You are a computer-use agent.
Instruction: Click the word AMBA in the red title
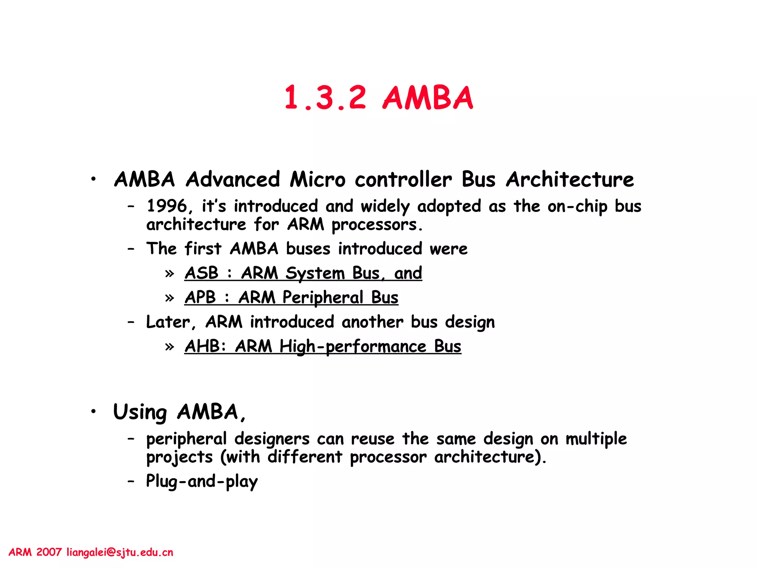point(428,98)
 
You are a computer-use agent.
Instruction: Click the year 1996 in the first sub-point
point(167,206)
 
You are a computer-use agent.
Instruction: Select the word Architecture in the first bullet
point(570,180)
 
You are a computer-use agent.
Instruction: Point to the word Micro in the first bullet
point(318,180)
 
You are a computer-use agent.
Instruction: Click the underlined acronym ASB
point(201,273)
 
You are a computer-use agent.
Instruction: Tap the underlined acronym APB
point(200,297)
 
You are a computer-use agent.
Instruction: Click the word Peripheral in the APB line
point(323,298)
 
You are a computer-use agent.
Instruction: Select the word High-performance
point(353,347)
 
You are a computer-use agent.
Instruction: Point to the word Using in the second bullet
point(140,412)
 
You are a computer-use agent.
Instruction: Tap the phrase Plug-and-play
point(202,481)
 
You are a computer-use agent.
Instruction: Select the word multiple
point(596,439)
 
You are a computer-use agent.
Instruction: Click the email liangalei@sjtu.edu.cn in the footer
point(120,552)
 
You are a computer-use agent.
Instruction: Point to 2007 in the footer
point(49,552)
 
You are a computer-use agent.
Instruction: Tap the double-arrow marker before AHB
point(170,347)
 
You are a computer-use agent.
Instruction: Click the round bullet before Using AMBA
point(94,411)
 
